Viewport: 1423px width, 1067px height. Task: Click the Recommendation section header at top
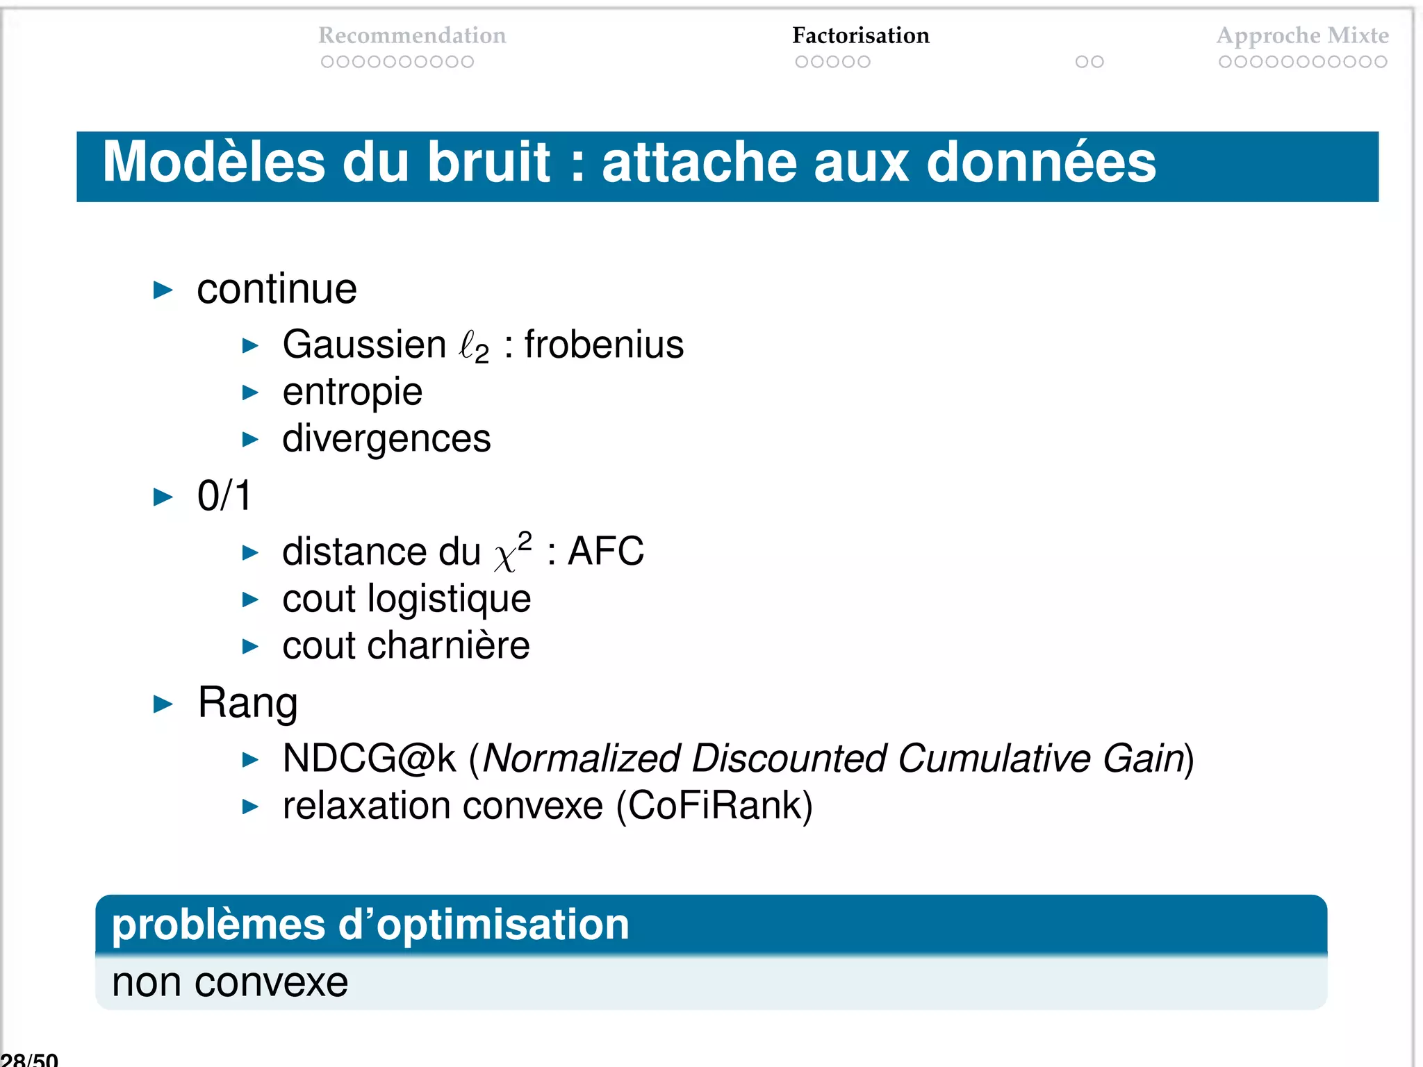pos(412,35)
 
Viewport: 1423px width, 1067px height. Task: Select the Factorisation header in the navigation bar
pos(860,35)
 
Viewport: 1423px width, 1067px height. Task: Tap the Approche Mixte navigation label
pos(1302,35)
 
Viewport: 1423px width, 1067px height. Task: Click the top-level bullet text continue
pos(277,289)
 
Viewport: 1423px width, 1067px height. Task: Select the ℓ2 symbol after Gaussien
pos(475,346)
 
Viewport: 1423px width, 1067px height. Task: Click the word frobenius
pos(603,345)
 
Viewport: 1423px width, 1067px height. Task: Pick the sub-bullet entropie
pos(352,392)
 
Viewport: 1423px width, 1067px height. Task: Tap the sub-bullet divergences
pos(386,439)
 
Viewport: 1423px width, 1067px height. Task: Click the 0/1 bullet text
pos(224,496)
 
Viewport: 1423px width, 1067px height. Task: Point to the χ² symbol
pos(513,552)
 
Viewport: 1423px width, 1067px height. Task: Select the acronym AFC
pos(605,552)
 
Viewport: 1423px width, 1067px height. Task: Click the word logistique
pos(449,599)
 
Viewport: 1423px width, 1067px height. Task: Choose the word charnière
pos(448,645)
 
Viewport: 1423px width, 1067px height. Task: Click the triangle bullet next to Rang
pos(163,704)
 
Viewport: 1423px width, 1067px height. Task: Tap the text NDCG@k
pos(369,758)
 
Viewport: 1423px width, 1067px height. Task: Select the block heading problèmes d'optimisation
pos(370,925)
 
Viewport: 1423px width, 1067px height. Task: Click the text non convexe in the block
pos(230,982)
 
